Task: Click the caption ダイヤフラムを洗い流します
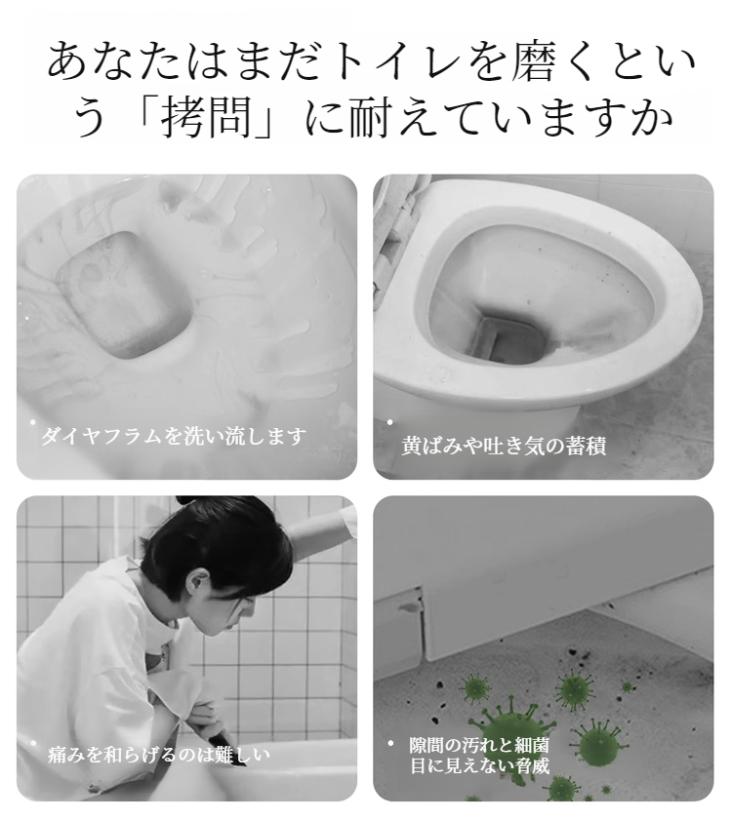click(174, 436)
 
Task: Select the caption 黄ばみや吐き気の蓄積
click(504, 446)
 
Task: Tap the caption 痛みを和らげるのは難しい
click(159, 754)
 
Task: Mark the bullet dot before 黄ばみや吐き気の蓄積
click(389, 422)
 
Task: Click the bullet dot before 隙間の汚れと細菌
click(390, 743)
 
